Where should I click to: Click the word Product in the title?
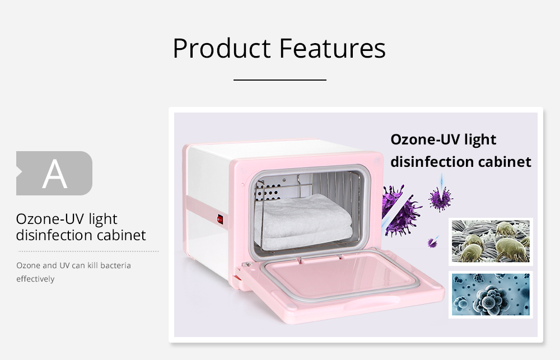click(222, 48)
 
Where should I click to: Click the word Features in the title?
click(333, 48)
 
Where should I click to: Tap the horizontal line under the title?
click(280, 80)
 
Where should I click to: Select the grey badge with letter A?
click(54, 173)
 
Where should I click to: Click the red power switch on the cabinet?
click(220, 219)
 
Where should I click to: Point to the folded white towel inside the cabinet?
click(304, 221)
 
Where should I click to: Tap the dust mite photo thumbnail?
click(491, 241)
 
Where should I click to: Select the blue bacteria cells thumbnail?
click(491, 294)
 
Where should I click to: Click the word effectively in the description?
click(35, 279)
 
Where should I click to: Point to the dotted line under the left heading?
click(88, 251)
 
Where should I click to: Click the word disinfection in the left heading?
click(54, 235)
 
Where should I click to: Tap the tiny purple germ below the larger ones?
click(433, 242)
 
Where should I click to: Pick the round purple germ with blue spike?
click(441, 198)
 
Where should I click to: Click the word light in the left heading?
click(103, 219)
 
